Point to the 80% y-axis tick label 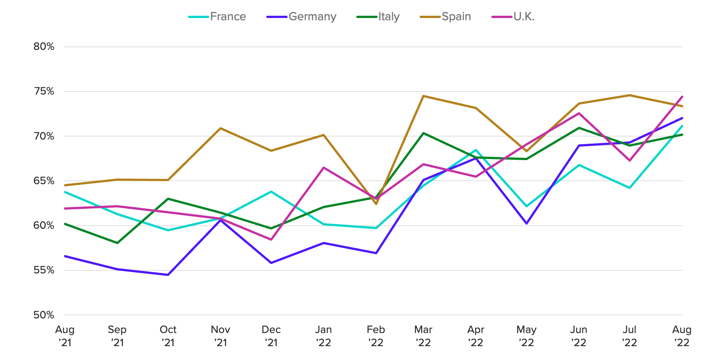click(x=44, y=47)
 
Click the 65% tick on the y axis click(x=44, y=181)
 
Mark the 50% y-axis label click(x=44, y=315)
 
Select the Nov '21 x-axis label click(x=220, y=336)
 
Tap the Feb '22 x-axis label click(x=376, y=336)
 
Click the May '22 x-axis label click(x=526, y=336)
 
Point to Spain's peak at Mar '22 click(x=423, y=96)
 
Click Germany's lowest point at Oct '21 click(x=168, y=275)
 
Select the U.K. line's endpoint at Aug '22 click(x=682, y=97)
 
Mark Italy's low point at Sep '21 click(x=117, y=243)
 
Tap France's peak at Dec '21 click(x=271, y=192)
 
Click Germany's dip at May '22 click(x=526, y=223)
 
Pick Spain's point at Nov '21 click(x=220, y=128)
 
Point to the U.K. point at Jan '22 click(x=323, y=168)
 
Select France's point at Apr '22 click(x=476, y=150)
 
